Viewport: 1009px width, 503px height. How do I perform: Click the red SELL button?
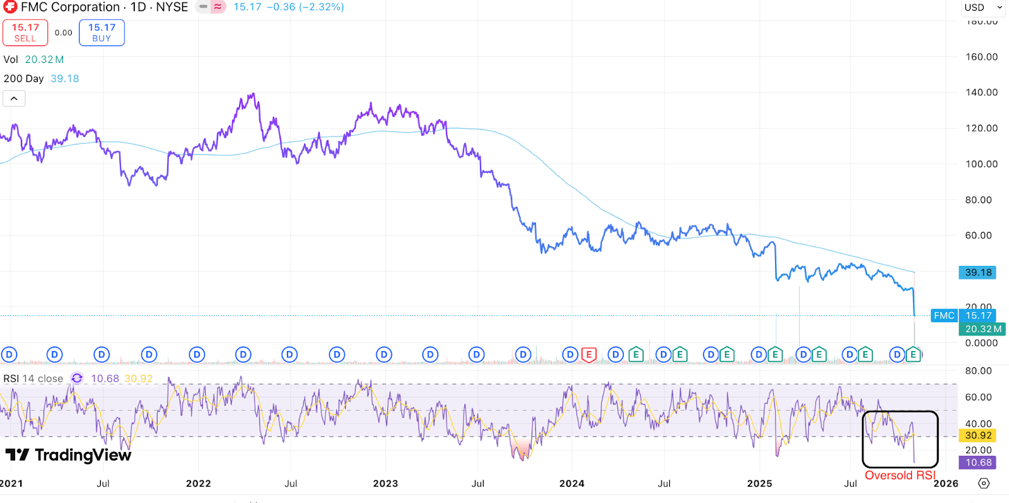(x=25, y=33)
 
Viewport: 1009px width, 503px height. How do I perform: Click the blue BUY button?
(x=102, y=33)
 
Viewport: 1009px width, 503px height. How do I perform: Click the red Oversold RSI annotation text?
(x=900, y=475)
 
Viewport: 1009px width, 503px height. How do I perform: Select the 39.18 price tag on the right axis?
(x=977, y=272)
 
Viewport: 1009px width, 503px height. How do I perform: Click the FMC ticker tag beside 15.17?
(x=944, y=316)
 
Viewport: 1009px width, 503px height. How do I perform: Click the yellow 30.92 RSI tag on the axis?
(x=977, y=436)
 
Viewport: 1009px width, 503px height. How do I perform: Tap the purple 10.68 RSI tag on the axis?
(x=977, y=463)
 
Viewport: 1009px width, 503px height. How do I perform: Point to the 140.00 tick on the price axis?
(x=981, y=92)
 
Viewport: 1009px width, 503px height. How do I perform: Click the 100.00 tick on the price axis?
(x=981, y=164)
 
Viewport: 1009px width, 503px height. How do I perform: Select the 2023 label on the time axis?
(x=385, y=483)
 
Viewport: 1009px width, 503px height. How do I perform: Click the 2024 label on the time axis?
(x=572, y=483)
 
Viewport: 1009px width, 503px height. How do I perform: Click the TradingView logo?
(x=69, y=455)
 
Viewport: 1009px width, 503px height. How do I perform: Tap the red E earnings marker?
(x=588, y=355)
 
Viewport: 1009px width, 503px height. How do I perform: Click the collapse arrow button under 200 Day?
(x=14, y=98)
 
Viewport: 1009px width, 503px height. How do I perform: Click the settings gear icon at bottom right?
(x=984, y=483)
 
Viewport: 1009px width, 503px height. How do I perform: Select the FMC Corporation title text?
(x=71, y=8)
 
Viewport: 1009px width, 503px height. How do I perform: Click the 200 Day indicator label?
(x=24, y=79)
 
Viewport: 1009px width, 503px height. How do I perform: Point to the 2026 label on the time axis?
(x=945, y=483)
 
